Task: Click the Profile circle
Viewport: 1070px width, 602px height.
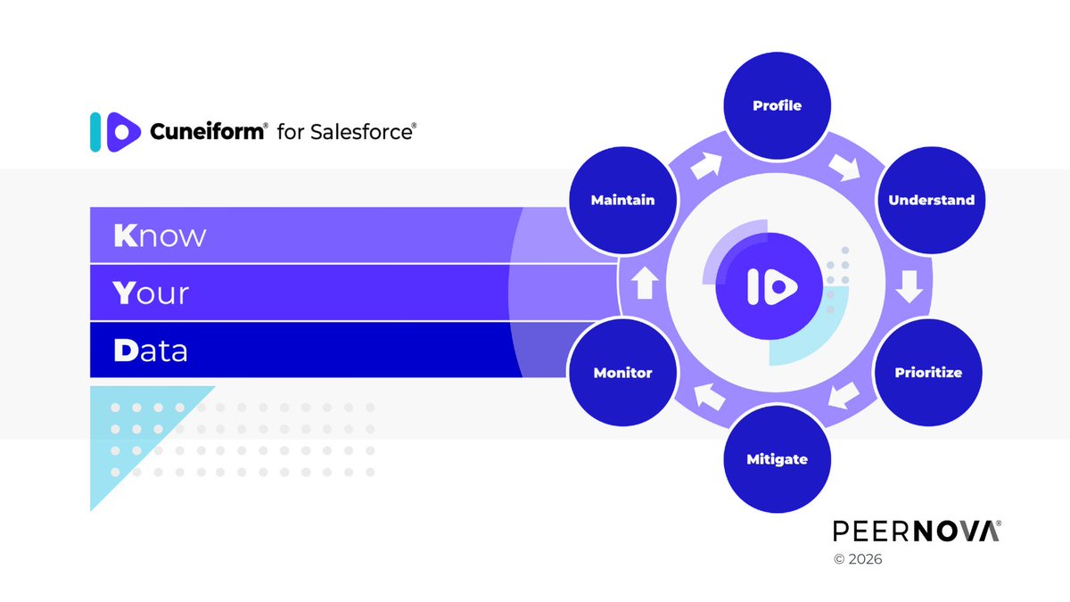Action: tap(777, 106)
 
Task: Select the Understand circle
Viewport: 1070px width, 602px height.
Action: tap(931, 201)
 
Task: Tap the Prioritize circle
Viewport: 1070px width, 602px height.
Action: tap(928, 373)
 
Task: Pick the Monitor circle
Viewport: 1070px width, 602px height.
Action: tap(622, 373)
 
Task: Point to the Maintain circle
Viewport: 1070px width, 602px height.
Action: tap(622, 201)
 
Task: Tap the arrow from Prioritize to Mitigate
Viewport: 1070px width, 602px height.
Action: tap(844, 398)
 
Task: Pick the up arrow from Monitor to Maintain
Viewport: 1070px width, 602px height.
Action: tap(646, 285)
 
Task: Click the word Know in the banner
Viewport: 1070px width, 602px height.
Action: tap(160, 236)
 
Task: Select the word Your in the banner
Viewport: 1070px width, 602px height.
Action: tap(152, 293)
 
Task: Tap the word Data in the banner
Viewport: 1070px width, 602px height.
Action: tap(151, 350)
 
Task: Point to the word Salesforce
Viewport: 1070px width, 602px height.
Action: tap(360, 132)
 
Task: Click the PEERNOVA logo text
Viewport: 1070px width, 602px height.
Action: tap(917, 532)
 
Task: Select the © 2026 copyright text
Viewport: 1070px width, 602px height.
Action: tap(858, 561)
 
